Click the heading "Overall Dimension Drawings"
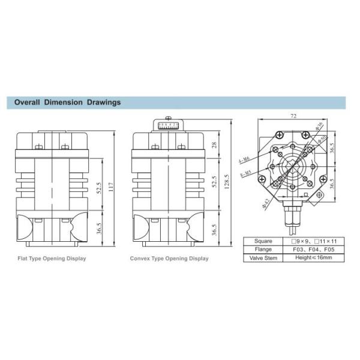(x=67, y=102)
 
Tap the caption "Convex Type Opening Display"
(x=170, y=259)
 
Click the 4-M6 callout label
(x=244, y=160)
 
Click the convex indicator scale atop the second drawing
(x=170, y=125)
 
